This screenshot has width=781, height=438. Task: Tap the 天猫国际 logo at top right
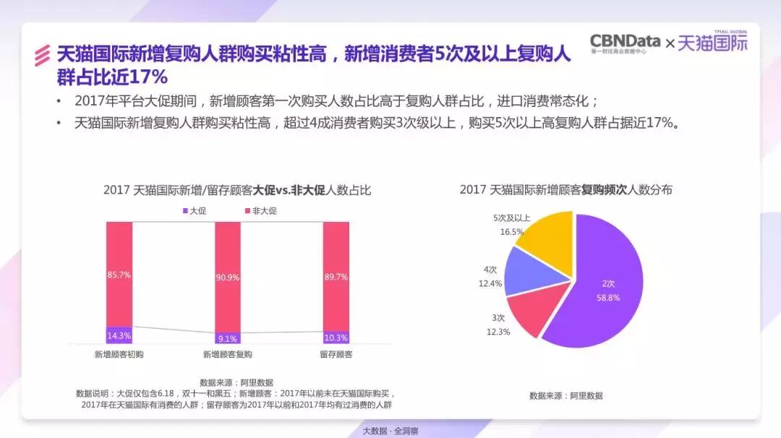[712, 43]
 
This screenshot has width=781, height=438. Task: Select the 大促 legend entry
[194, 211]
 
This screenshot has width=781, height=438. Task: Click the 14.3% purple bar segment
[119, 335]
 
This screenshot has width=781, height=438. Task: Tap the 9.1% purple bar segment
[228, 338]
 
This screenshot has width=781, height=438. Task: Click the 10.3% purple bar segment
[336, 337]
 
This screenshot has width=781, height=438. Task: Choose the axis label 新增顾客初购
[119, 355]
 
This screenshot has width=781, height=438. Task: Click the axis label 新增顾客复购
[228, 355]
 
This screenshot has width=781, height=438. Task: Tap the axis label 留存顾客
[336, 355]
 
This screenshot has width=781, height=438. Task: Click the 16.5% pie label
[511, 232]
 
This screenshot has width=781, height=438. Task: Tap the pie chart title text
[566, 189]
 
